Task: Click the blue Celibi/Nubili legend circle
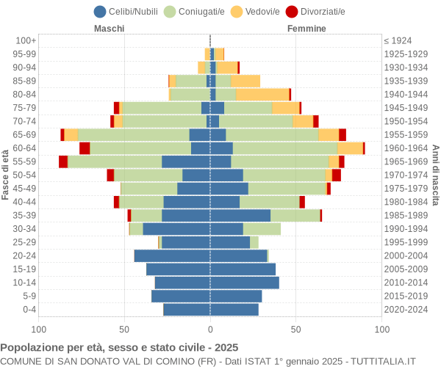click(100, 11)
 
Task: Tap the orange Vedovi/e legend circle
click(236, 11)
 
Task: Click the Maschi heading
click(109, 29)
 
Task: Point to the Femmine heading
click(306, 29)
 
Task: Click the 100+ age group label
click(26, 40)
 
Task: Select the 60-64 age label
click(25, 148)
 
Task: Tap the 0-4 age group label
click(29, 310)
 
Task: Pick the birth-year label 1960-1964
click(406, 148)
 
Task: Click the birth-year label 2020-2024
click(406, 310)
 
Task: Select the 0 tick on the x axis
click(210, 330)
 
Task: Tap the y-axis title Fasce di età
click(6, 175)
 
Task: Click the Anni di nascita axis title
click(435, 175)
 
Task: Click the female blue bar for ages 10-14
click(244, 283)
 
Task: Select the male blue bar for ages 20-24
click(172, 255)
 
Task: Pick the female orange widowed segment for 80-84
click(262, 94)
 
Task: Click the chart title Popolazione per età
click(119, 347)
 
